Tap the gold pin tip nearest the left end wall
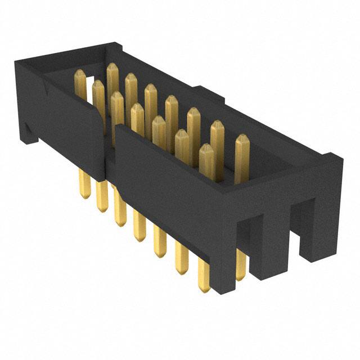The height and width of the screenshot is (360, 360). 80,74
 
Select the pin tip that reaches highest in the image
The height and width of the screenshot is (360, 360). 111,68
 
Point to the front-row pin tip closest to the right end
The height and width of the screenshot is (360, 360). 206,149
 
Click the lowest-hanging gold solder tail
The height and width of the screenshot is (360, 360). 204,287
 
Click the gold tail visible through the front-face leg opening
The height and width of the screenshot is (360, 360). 241,270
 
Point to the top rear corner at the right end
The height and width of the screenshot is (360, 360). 332,157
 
